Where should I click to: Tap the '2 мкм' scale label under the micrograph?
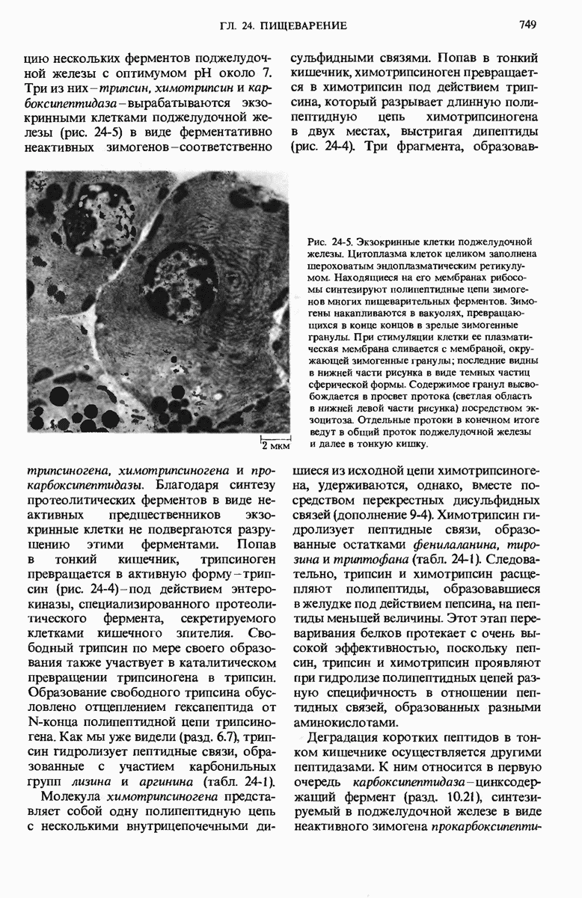pyautogui.click(x=275, y=448)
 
